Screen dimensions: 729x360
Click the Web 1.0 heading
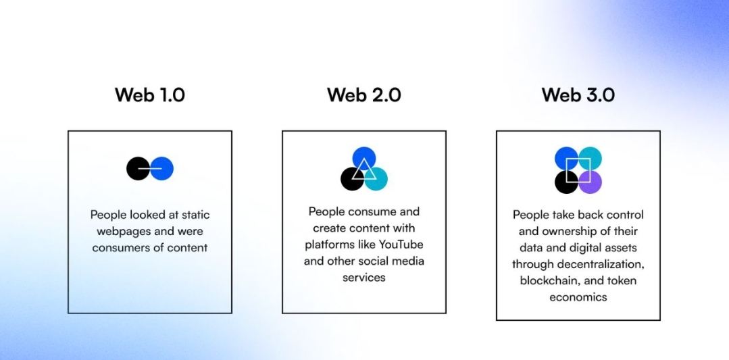[x=149, y=95]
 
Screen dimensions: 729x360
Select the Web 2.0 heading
[x=363, y=95]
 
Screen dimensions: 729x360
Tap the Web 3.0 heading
[x=578, y=95]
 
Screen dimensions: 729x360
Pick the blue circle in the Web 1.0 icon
[x=164, y=168]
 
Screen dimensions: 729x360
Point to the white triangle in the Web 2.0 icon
[x=363, y=169]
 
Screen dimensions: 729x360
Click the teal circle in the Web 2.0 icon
[x=378, y=179]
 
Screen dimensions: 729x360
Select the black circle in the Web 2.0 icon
[x=350, y=180]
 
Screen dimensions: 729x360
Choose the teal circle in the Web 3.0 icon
[x=591, y=157]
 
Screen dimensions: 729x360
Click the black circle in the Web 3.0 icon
[x=565, y=182]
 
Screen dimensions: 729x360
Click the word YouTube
[x=401, y=244]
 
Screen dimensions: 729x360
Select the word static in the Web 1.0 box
[x=195, y=215]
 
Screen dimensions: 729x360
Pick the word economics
[x=578, y=297]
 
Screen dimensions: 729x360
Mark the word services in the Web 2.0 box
[x=363, y=277]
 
